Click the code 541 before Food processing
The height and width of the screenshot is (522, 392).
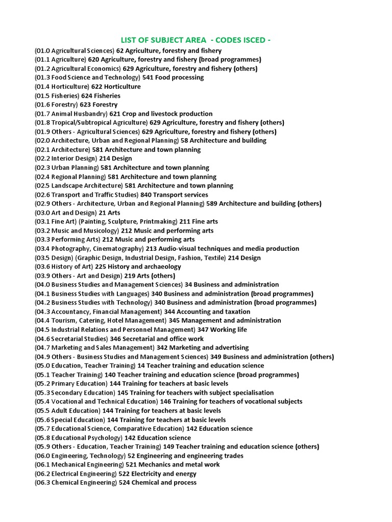click(x=148, y=77)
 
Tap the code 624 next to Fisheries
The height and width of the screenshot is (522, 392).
click(x=85, y=96)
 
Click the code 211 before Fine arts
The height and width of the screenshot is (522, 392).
click(x=185, y=222)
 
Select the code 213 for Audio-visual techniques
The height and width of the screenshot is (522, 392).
click(x=152, y=249)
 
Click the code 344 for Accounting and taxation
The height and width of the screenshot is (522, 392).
click(x=170, y=311)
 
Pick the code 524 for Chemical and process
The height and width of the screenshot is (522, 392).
click(x=125, y=482)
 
